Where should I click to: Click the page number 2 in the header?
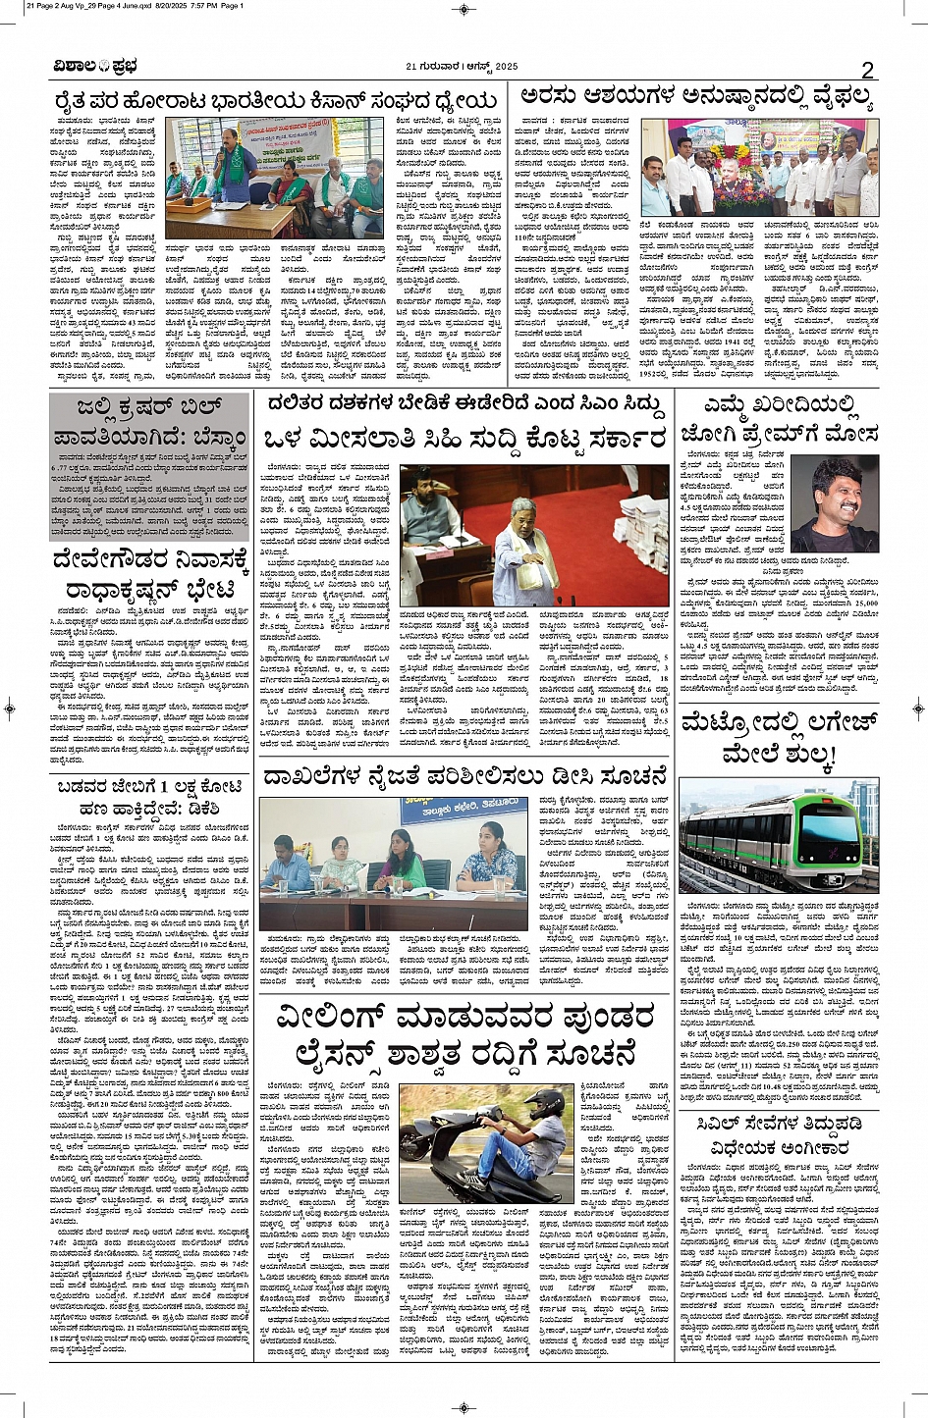point(867,69)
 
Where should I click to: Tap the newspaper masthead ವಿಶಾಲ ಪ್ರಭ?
point(95,67)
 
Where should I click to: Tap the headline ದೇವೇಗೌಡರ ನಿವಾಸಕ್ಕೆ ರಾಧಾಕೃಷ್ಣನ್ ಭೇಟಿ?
point(151,575)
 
